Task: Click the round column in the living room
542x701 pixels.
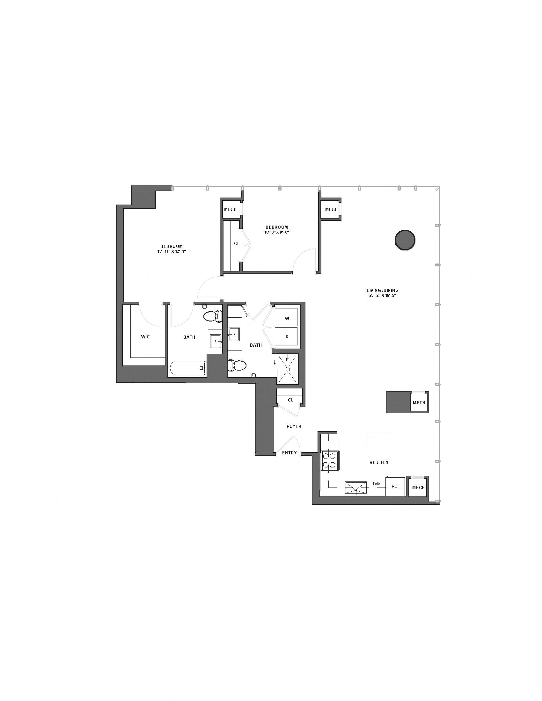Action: [405, 240]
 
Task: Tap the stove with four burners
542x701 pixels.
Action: [330, 461]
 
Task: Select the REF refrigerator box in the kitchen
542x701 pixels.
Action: [395, 486]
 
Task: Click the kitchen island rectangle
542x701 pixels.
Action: [382, 440]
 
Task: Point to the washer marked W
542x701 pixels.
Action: [287, 318]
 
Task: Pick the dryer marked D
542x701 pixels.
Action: [287, 336]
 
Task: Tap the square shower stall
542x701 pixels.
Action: [288, 369]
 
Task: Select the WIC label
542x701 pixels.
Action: [145, 337]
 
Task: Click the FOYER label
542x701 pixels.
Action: [294, 426]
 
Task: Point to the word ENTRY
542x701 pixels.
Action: [289, 453]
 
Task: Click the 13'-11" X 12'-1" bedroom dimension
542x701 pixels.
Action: [172, 251]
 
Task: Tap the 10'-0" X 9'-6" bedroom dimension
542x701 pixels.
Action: [277, 232]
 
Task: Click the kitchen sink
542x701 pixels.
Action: [356, 488]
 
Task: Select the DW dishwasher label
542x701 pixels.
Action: [376, 484]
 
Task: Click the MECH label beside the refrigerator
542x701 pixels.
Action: [418, 488]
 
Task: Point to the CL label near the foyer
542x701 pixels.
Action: [290, 400]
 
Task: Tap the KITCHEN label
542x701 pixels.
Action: [379, 463]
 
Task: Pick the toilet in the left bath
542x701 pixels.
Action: [213, 316]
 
